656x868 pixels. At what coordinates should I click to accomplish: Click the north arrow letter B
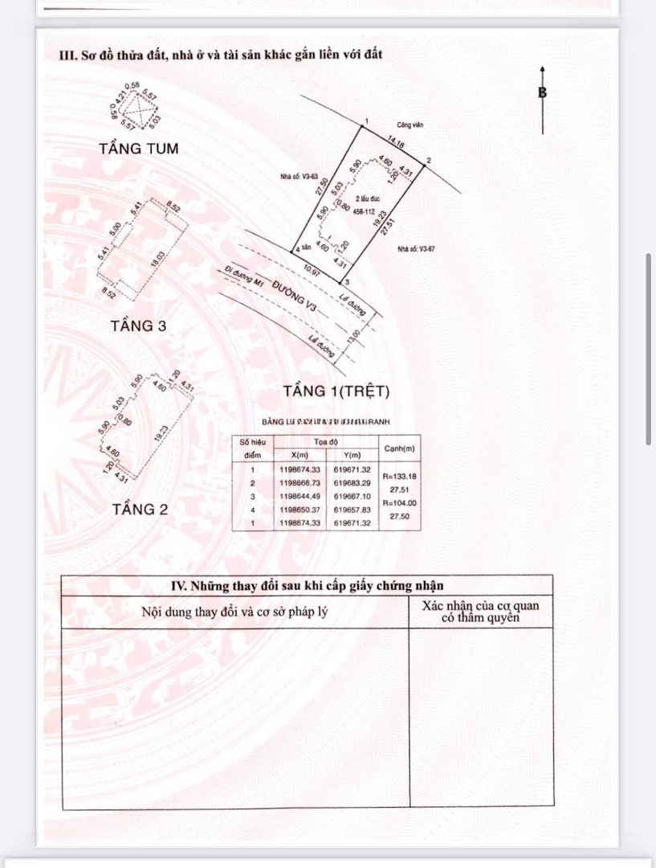pyautogui.click(x=542, y=92)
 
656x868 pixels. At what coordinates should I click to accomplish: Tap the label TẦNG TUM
pyautogui.click(x=139, y=149)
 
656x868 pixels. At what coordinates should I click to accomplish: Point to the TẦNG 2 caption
pyautogui.click(x=140, y=509)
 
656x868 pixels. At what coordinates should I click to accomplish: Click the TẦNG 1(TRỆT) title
pyautogui.click(x=336, y=391)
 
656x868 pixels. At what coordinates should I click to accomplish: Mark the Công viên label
pyautogui.click(x=409, y=125)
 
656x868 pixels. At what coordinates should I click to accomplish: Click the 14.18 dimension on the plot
pyautogui.click(x=395, y=142)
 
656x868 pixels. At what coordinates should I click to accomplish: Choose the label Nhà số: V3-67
pyautogui.click(x=416, y=249)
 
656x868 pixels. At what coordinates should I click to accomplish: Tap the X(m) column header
pyautogui.click(x=299, y=455)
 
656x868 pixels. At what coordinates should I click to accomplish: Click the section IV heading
pyautogui.click(x=308, y=586)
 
